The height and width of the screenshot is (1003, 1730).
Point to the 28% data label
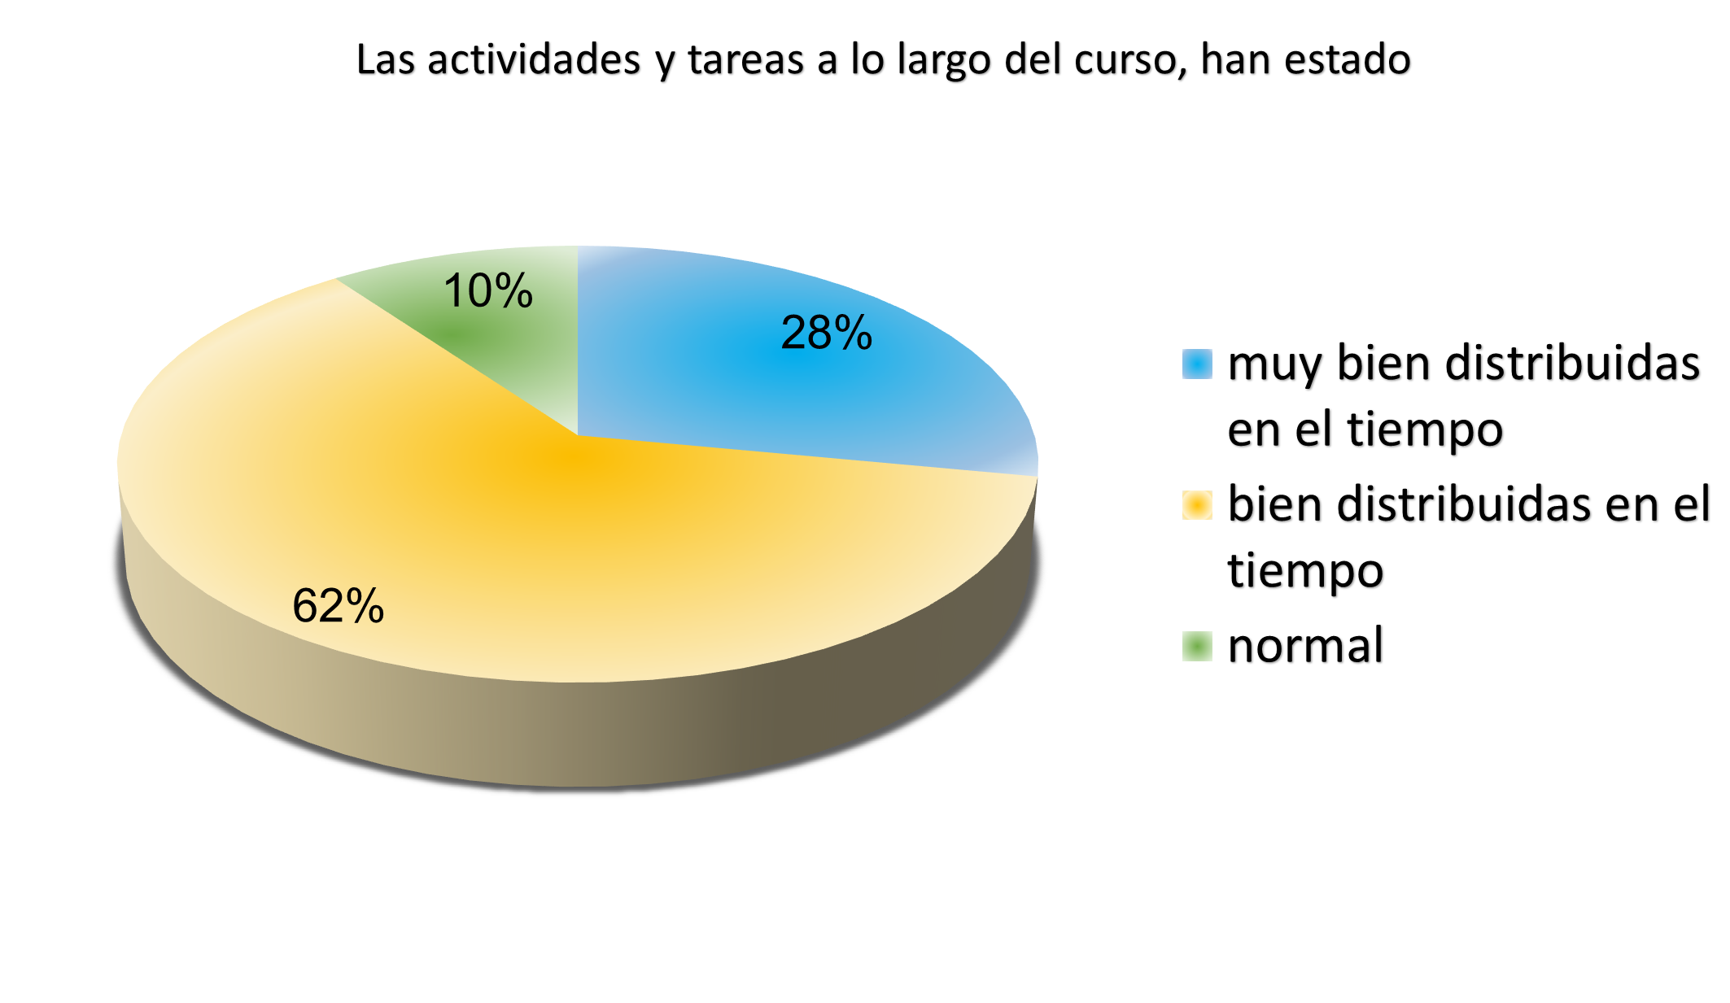(826, 333)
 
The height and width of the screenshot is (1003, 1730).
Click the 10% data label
(487, 291)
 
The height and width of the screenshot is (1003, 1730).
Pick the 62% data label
(338, 606)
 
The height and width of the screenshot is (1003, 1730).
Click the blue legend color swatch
(1197, 364)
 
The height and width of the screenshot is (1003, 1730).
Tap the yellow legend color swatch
(1197, 504)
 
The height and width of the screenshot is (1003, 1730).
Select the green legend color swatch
(1197, 647)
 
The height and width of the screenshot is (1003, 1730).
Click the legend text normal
(1305, 646)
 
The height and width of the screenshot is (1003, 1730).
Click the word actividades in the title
(534, 60)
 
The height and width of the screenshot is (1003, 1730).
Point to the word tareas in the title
(745, 60)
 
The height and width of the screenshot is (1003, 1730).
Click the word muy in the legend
(1273, 364)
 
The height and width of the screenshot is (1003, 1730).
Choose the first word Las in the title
(386, 60)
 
